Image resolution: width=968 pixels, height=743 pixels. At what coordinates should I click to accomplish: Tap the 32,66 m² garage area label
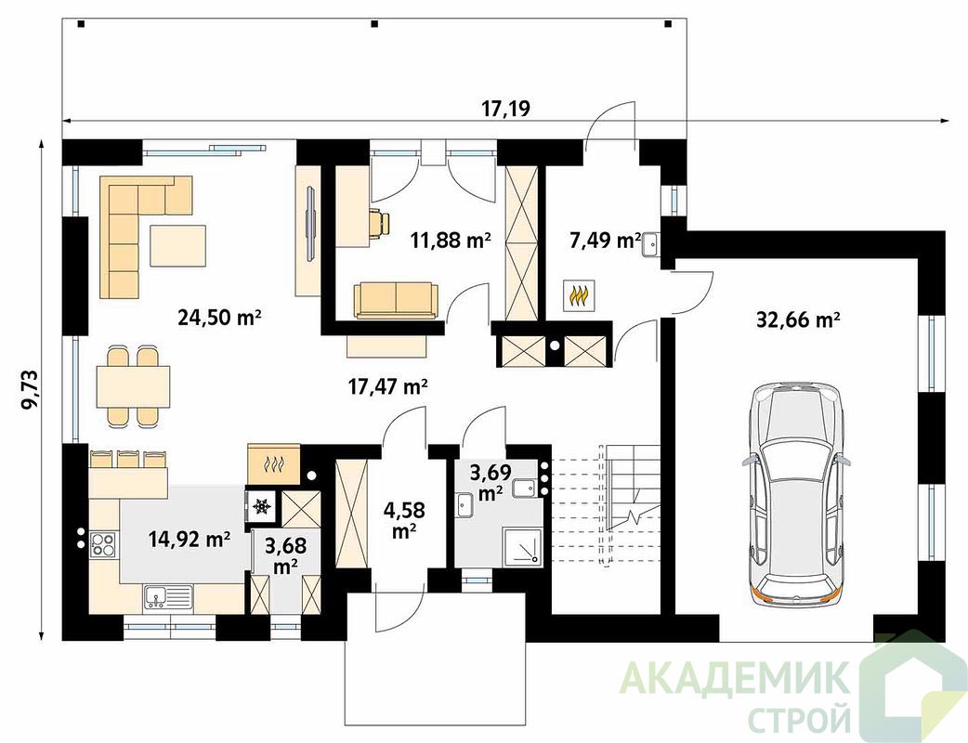click(x=798, y=319)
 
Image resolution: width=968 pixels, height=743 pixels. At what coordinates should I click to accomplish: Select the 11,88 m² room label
click(x=451, y=240)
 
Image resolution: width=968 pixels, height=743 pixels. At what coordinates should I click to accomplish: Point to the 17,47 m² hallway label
click(x=388, y=387)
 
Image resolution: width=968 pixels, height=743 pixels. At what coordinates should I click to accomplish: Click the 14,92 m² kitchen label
click(x=190, y=540)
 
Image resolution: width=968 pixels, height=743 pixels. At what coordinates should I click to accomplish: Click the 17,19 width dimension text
click(x=505, y=109)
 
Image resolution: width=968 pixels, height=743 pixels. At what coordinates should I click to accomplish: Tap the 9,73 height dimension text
click(x=30, y=389)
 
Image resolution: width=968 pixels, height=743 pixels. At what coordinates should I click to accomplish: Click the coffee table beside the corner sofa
click(x=177, y=245)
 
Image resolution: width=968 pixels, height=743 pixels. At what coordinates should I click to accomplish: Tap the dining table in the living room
click(x=133, y=386)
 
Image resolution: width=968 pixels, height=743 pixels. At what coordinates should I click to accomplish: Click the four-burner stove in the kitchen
click(x=102, y=544)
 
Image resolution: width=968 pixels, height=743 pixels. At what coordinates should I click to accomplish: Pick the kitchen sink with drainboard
click(x=168, y=597)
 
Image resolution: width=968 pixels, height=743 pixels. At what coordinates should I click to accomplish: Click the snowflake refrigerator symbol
click(x=262, y=506)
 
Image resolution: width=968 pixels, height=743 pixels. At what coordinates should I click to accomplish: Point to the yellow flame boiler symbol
click(x=579, y=295)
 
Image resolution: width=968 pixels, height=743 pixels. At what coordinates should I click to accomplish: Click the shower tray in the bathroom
click(x=522, y=546)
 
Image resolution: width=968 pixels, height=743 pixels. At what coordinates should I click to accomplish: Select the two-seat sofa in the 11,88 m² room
click(x=396, y=301)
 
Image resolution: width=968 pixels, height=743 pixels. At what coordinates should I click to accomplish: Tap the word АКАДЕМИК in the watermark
click(x=733, y=679)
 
